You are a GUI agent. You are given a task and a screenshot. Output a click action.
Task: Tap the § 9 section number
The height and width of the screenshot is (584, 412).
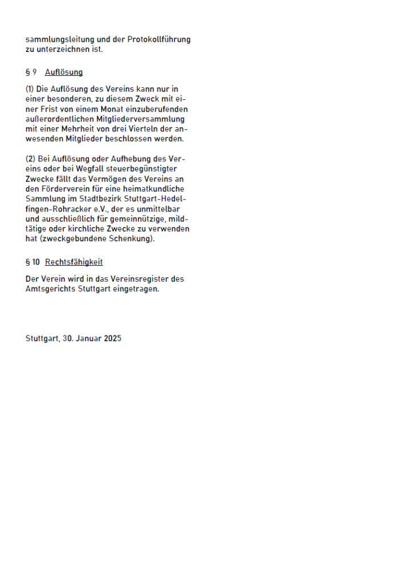pyautogui.click(x=31, y=72)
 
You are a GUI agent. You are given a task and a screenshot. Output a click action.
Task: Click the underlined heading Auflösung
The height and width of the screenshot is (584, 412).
pyautogui.click(x=64, y=72)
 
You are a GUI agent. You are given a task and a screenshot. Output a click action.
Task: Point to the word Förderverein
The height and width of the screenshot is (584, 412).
pyautogui.click(x=62, y=189)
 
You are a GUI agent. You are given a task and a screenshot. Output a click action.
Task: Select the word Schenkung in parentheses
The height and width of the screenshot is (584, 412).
pyautogui.click(x=129, y=239)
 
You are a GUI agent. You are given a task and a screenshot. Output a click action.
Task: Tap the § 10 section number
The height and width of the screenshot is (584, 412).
pyautogui.click(x=33, y=262)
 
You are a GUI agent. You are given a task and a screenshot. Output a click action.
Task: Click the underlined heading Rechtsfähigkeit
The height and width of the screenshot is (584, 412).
pyautogui.click(x=74, y=262)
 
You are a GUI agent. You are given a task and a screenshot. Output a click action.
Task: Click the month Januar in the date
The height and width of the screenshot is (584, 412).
pyautogui.click(x=88, y=338)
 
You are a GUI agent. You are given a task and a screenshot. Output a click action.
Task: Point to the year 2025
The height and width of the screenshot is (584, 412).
pyautogui.click(x=113, y=338)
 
